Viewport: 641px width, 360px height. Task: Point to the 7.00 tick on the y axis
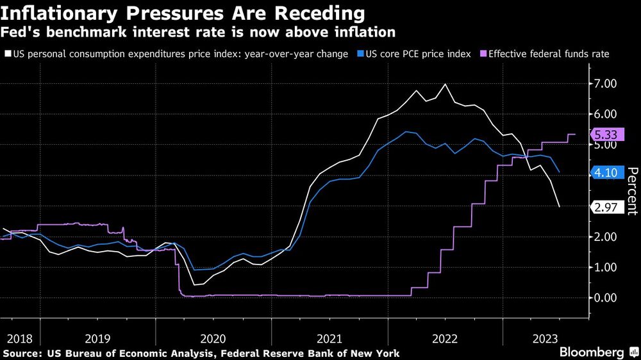(606, 84)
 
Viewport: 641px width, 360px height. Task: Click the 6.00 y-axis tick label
(606, 114)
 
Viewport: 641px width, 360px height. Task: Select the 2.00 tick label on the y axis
(606, 237)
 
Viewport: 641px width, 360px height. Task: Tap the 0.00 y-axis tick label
(606, 298)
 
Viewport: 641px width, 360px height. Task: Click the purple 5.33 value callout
(606, 135)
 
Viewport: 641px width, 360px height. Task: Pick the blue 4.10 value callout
(606, 172)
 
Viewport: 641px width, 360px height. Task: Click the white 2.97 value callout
(606, 207)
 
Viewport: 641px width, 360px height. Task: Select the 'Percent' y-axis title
(632, 190)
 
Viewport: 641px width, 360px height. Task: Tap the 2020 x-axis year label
(213, 338)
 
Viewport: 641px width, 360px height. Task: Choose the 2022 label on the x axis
(445, 338)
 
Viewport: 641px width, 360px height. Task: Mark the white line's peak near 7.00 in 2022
(445, 84)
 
